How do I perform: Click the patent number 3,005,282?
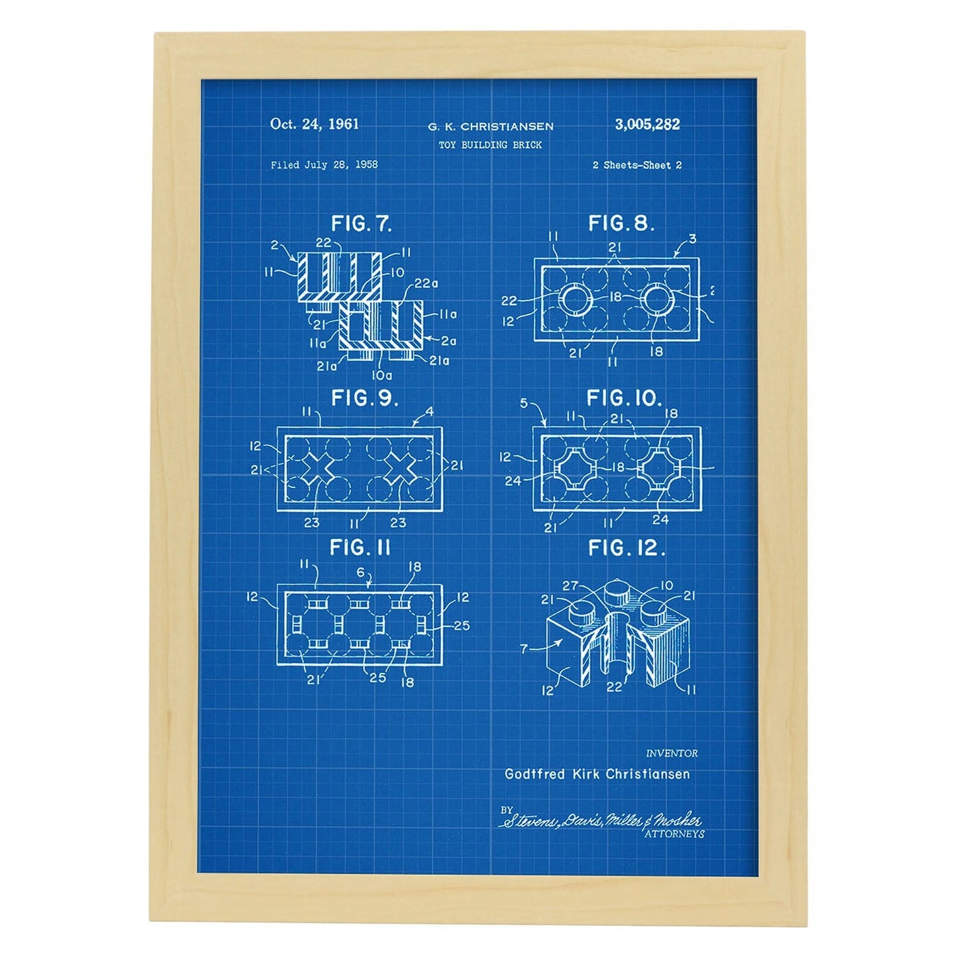647,124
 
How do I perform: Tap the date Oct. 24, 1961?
315,124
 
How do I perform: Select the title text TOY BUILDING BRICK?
490,145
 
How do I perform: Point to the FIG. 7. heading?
362,224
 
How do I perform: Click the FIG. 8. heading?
621,223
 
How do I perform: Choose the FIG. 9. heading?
364,398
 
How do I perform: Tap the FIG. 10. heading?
624,398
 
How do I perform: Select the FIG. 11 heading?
360,548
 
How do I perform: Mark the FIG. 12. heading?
627,548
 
